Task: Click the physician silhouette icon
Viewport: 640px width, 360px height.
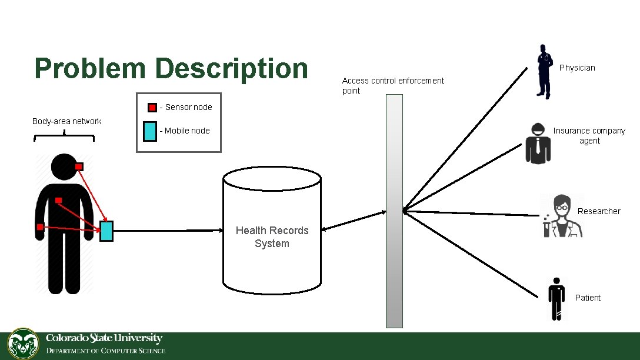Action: click(544, 71)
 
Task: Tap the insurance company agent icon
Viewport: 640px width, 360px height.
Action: click(538, 143)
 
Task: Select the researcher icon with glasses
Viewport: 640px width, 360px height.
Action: click(562, 216)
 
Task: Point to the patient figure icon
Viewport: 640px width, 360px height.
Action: click(555, 298)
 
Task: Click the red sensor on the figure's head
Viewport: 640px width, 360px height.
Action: click(79, 166)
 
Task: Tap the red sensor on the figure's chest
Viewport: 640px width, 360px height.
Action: click(58, 201)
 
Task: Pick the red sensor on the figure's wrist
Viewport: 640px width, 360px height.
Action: click(39, 227)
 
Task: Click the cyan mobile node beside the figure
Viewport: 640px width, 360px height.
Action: click(106, 231)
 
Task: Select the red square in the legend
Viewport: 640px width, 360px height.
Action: click(152, 108)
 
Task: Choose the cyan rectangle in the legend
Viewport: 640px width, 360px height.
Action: click(150, 131)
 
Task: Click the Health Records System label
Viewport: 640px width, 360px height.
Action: click(272, 237)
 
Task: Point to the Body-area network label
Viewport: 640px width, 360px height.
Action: click(66, 121)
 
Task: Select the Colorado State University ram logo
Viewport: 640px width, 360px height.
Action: click(24, 344)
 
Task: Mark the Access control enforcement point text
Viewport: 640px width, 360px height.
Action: click(393, 85)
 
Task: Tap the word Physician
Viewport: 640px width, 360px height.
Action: click(577, 68)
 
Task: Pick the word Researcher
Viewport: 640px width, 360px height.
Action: click(599, 211)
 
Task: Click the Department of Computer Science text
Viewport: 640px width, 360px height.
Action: click(106, 351)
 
